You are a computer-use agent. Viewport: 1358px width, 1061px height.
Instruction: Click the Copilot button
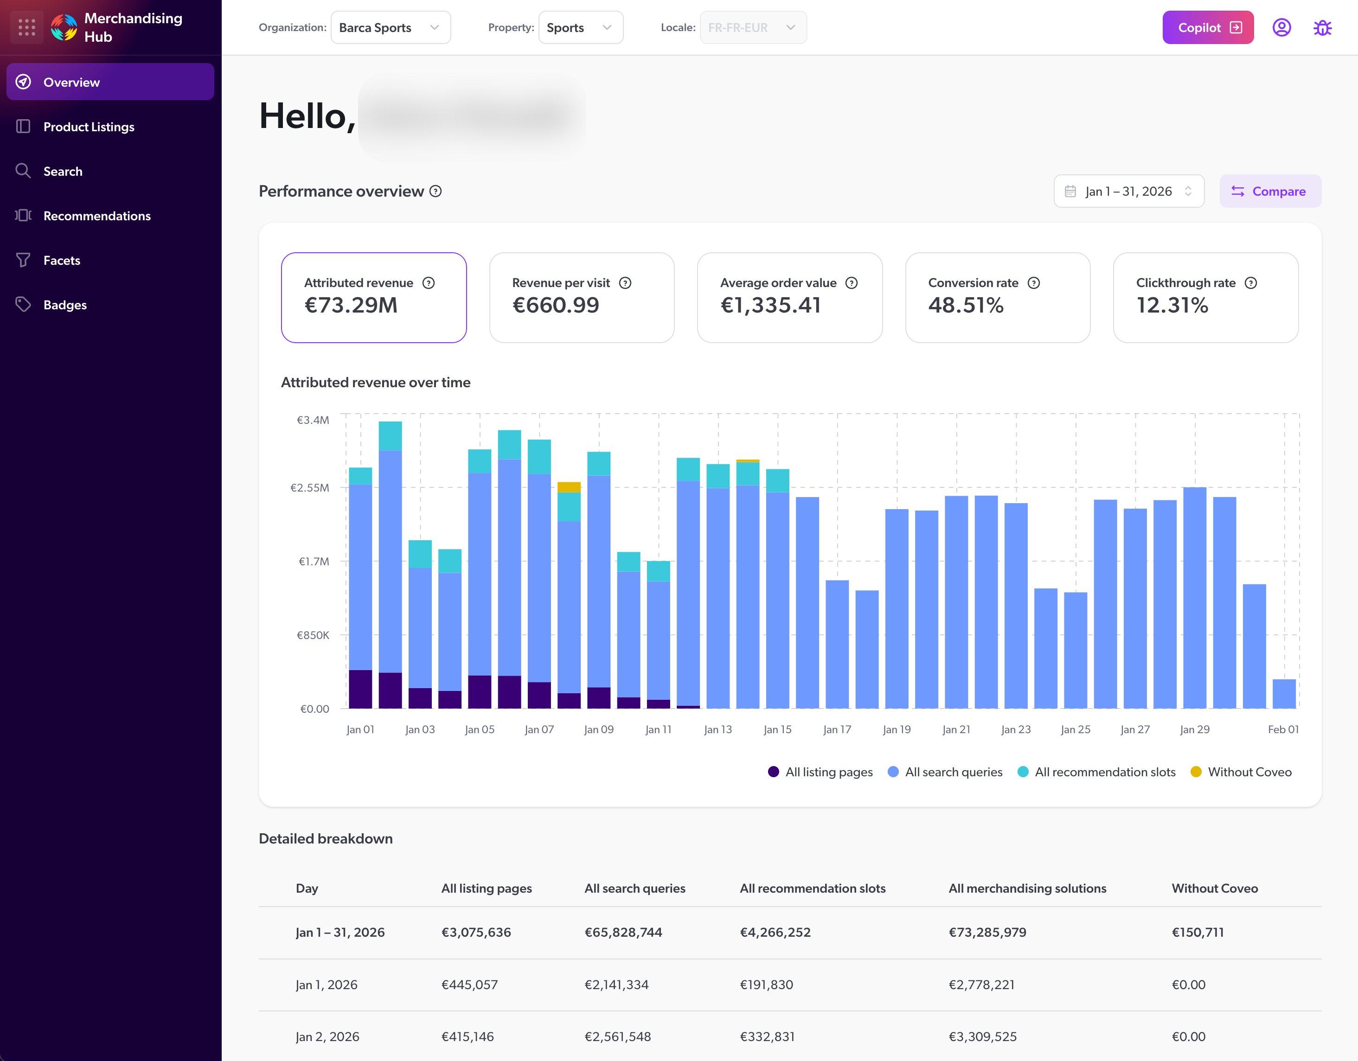[1207, 27]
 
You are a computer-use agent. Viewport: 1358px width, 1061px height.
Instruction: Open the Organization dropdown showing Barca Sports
[390, 27]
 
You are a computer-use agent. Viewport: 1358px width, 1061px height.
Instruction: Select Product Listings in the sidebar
[89, 127]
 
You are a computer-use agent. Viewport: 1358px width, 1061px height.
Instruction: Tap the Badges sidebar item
[64, 305]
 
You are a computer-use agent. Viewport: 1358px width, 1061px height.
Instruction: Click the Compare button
[1270, 192]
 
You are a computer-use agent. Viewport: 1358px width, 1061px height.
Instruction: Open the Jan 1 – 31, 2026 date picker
[1128, 192]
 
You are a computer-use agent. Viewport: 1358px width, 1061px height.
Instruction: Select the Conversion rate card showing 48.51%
[997, 297]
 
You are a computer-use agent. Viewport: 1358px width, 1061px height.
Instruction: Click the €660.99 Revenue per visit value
[555, 305]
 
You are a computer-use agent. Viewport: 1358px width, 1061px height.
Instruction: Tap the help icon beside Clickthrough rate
[1250, 283]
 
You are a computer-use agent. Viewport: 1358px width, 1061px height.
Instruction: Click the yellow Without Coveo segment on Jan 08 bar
[568, 487]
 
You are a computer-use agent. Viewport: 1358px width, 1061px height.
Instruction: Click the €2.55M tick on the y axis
[310, 488]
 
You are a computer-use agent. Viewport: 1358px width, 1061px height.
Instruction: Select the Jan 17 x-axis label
[837, 730]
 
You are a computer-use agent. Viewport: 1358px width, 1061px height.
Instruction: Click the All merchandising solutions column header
[1026, 888]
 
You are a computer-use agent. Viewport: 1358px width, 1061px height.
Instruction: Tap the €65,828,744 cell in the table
[623, 933]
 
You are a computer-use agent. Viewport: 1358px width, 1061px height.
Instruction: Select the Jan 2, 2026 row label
[327, 1037]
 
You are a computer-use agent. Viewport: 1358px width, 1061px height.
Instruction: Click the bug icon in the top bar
[1322, 27]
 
